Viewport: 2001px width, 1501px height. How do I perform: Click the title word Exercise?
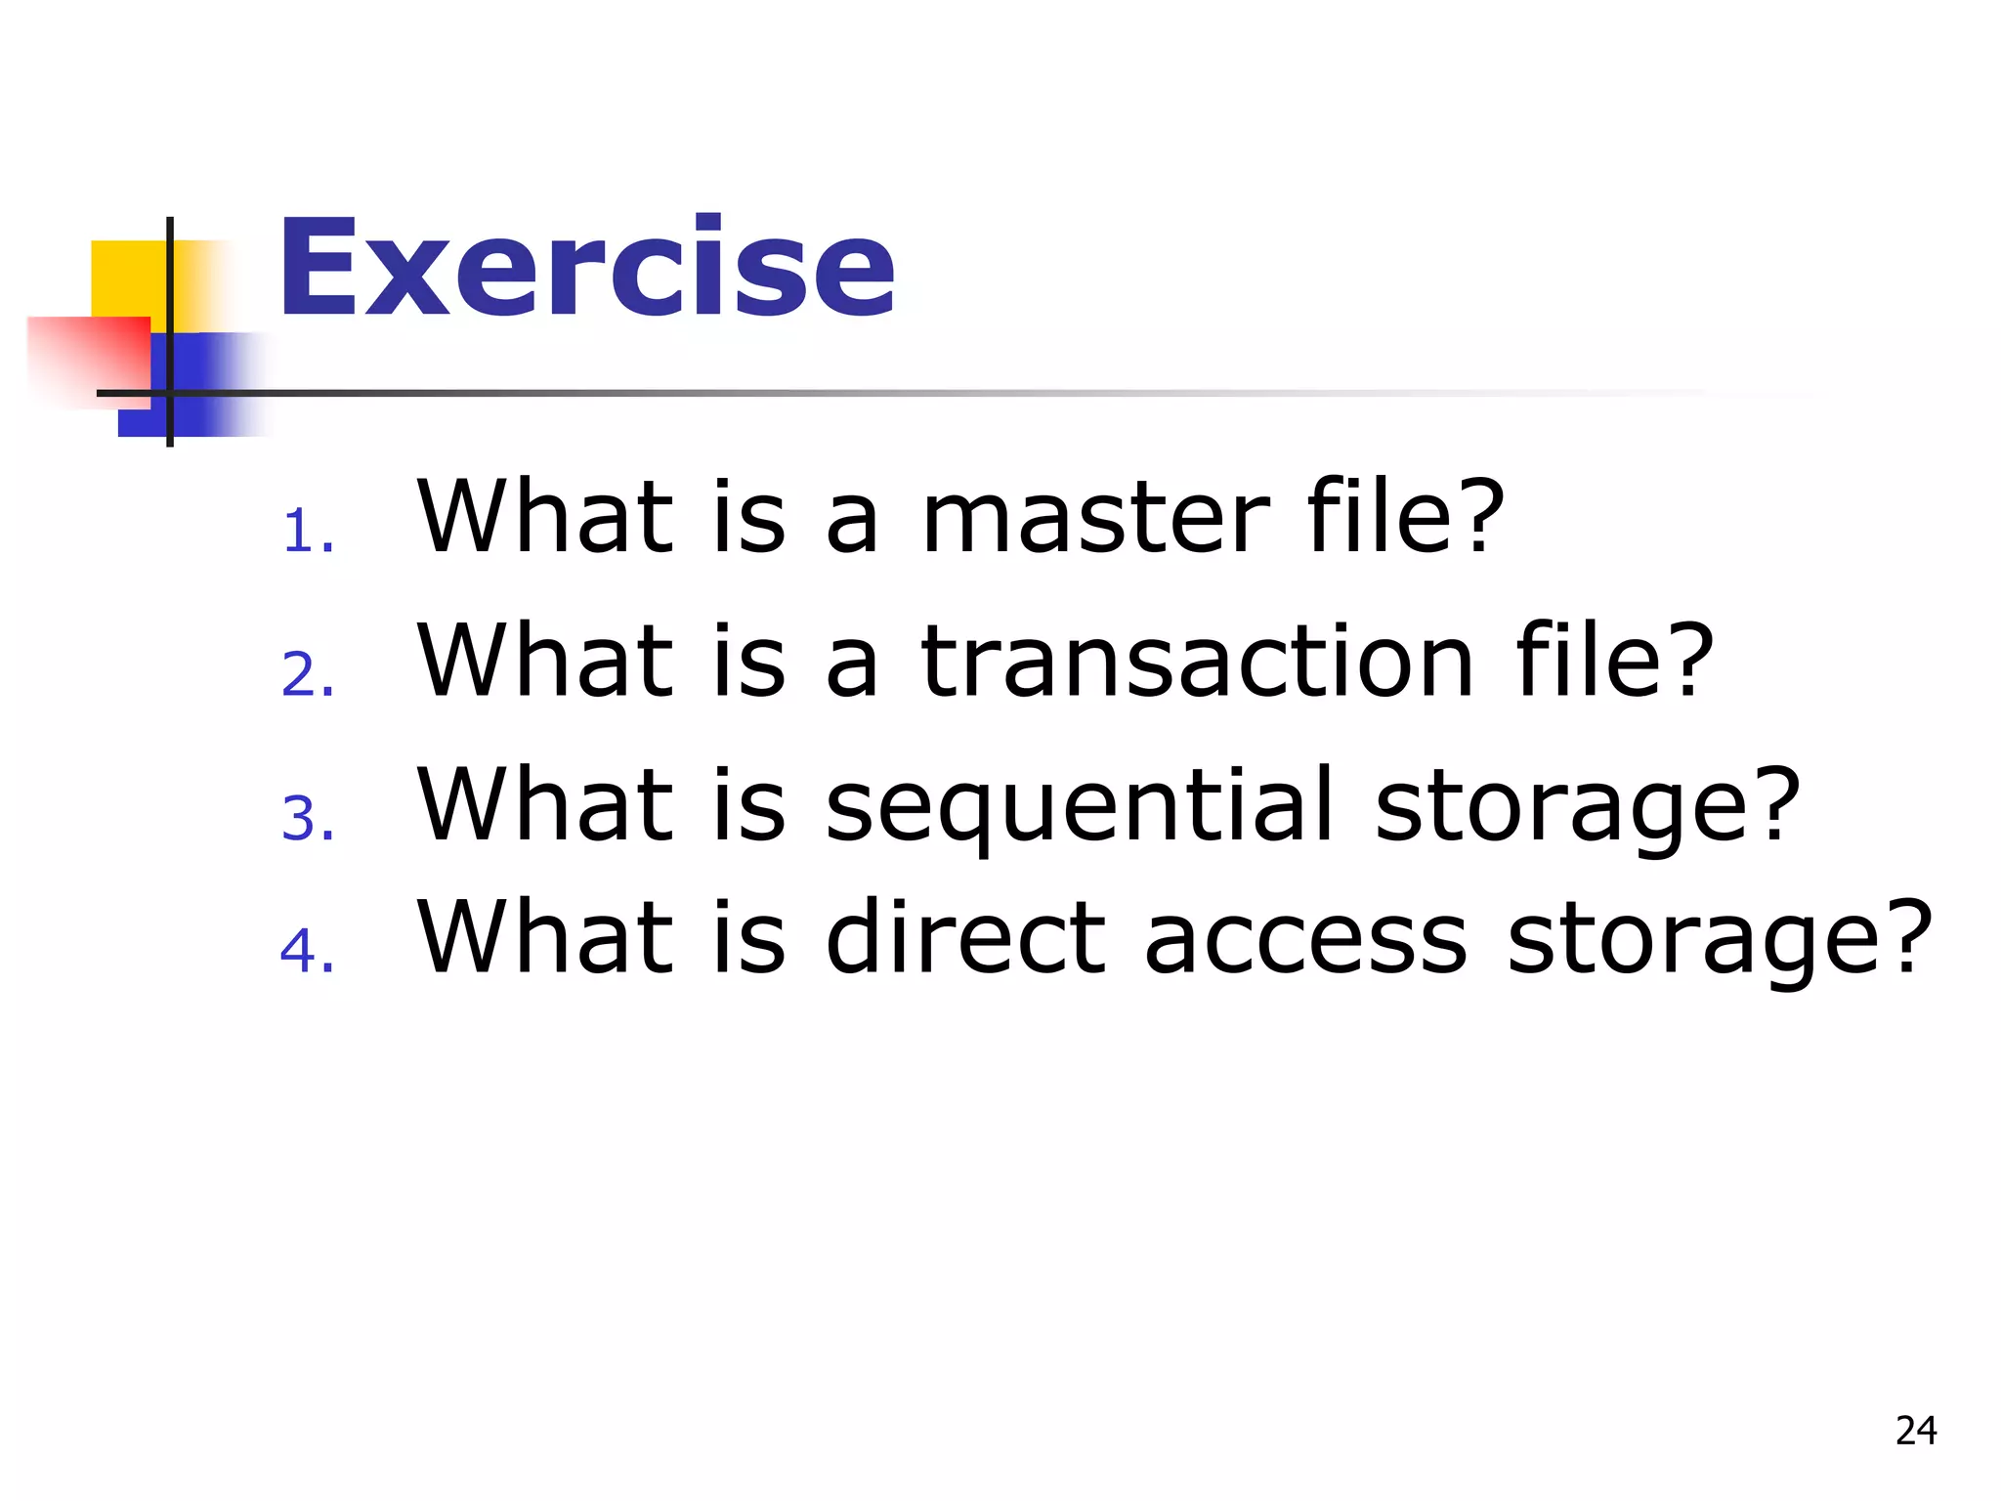586,268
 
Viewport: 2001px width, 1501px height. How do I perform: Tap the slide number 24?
1915,1431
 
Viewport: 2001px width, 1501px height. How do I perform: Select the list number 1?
307,533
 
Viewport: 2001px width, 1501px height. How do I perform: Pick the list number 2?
307,675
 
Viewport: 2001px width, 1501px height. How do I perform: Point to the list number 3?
307,818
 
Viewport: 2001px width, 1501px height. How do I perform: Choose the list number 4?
307,951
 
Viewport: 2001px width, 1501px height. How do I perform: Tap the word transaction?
1196,662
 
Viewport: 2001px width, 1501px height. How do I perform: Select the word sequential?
1079,805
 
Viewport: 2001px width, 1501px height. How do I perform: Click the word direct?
965,938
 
